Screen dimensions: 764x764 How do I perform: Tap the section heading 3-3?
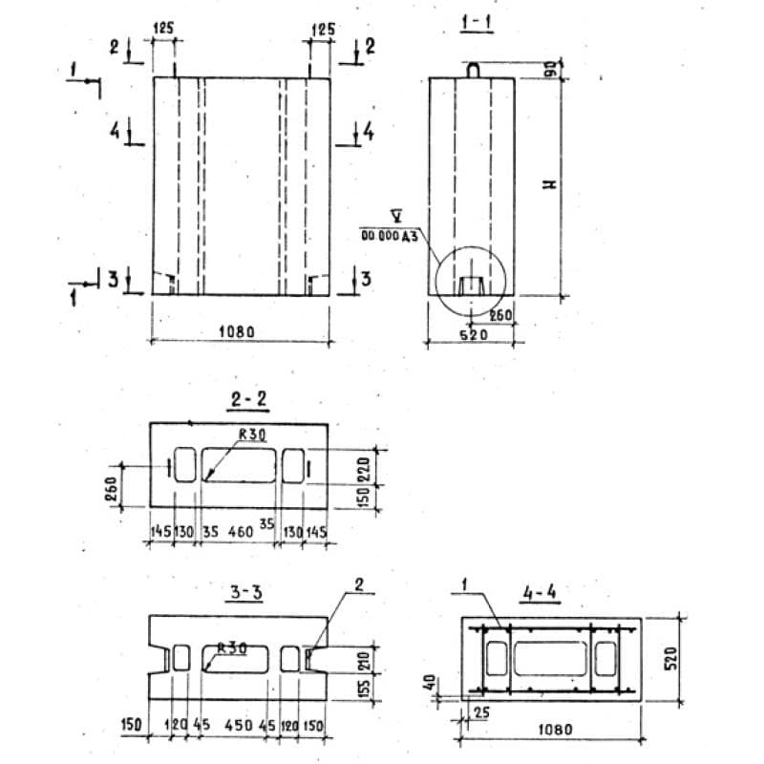tap(245, 592)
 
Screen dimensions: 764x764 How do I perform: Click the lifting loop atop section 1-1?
tap(475, 69)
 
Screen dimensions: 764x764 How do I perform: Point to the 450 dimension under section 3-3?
tap(239, 725)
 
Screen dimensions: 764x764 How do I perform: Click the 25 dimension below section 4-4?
tap(480, 712)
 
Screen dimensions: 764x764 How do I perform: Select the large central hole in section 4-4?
tap(549, 660)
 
